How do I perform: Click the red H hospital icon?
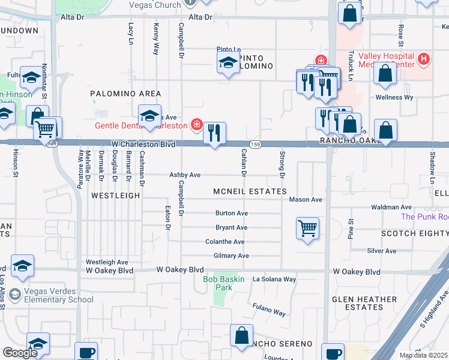(x=424, y=59)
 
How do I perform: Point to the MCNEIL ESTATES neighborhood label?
(x=250, y=191)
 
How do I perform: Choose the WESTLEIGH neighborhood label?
(x=115, y=196)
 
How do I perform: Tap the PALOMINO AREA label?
(x=125, y=94)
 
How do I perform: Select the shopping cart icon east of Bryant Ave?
(x=307, y=228)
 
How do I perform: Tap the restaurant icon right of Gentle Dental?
(x=214, y=133)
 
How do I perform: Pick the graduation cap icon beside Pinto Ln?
(x=228, y=62)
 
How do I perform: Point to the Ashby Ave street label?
(x=184, y=175)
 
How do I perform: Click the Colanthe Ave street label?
(x=225, y=242)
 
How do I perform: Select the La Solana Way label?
(x=274, y=280)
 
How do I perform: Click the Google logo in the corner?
(x=20, y=352)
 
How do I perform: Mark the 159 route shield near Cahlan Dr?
(x=256, y=145)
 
